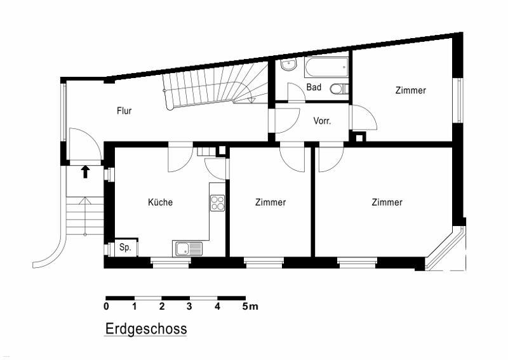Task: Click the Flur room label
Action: [x=124, y=111]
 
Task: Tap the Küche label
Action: [x=160, y=202]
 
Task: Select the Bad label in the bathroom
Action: [x=314, y=87]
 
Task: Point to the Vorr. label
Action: [x=322, y=121]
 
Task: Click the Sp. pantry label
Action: [x=125, y=248]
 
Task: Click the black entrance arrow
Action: [x=85, y=171]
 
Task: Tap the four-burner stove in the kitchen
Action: [x=217, y=203]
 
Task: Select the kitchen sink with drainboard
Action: [x=187, y=249]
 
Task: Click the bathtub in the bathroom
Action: [x=326, y=67]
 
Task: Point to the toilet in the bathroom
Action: [x=339, y=88]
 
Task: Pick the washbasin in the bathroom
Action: [x=289, y=65]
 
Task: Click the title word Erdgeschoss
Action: [x=146, y=329]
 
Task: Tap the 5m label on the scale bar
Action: [x=250, y=306]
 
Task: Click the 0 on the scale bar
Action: [x=106, y=306]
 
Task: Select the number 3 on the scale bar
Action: [x=189, y=306]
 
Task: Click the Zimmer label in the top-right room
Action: [x=410, y=90]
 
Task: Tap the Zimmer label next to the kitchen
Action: [x=271, y=202]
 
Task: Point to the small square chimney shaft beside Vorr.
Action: [x=359, y=137]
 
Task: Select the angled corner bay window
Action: [x=446, y=248]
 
